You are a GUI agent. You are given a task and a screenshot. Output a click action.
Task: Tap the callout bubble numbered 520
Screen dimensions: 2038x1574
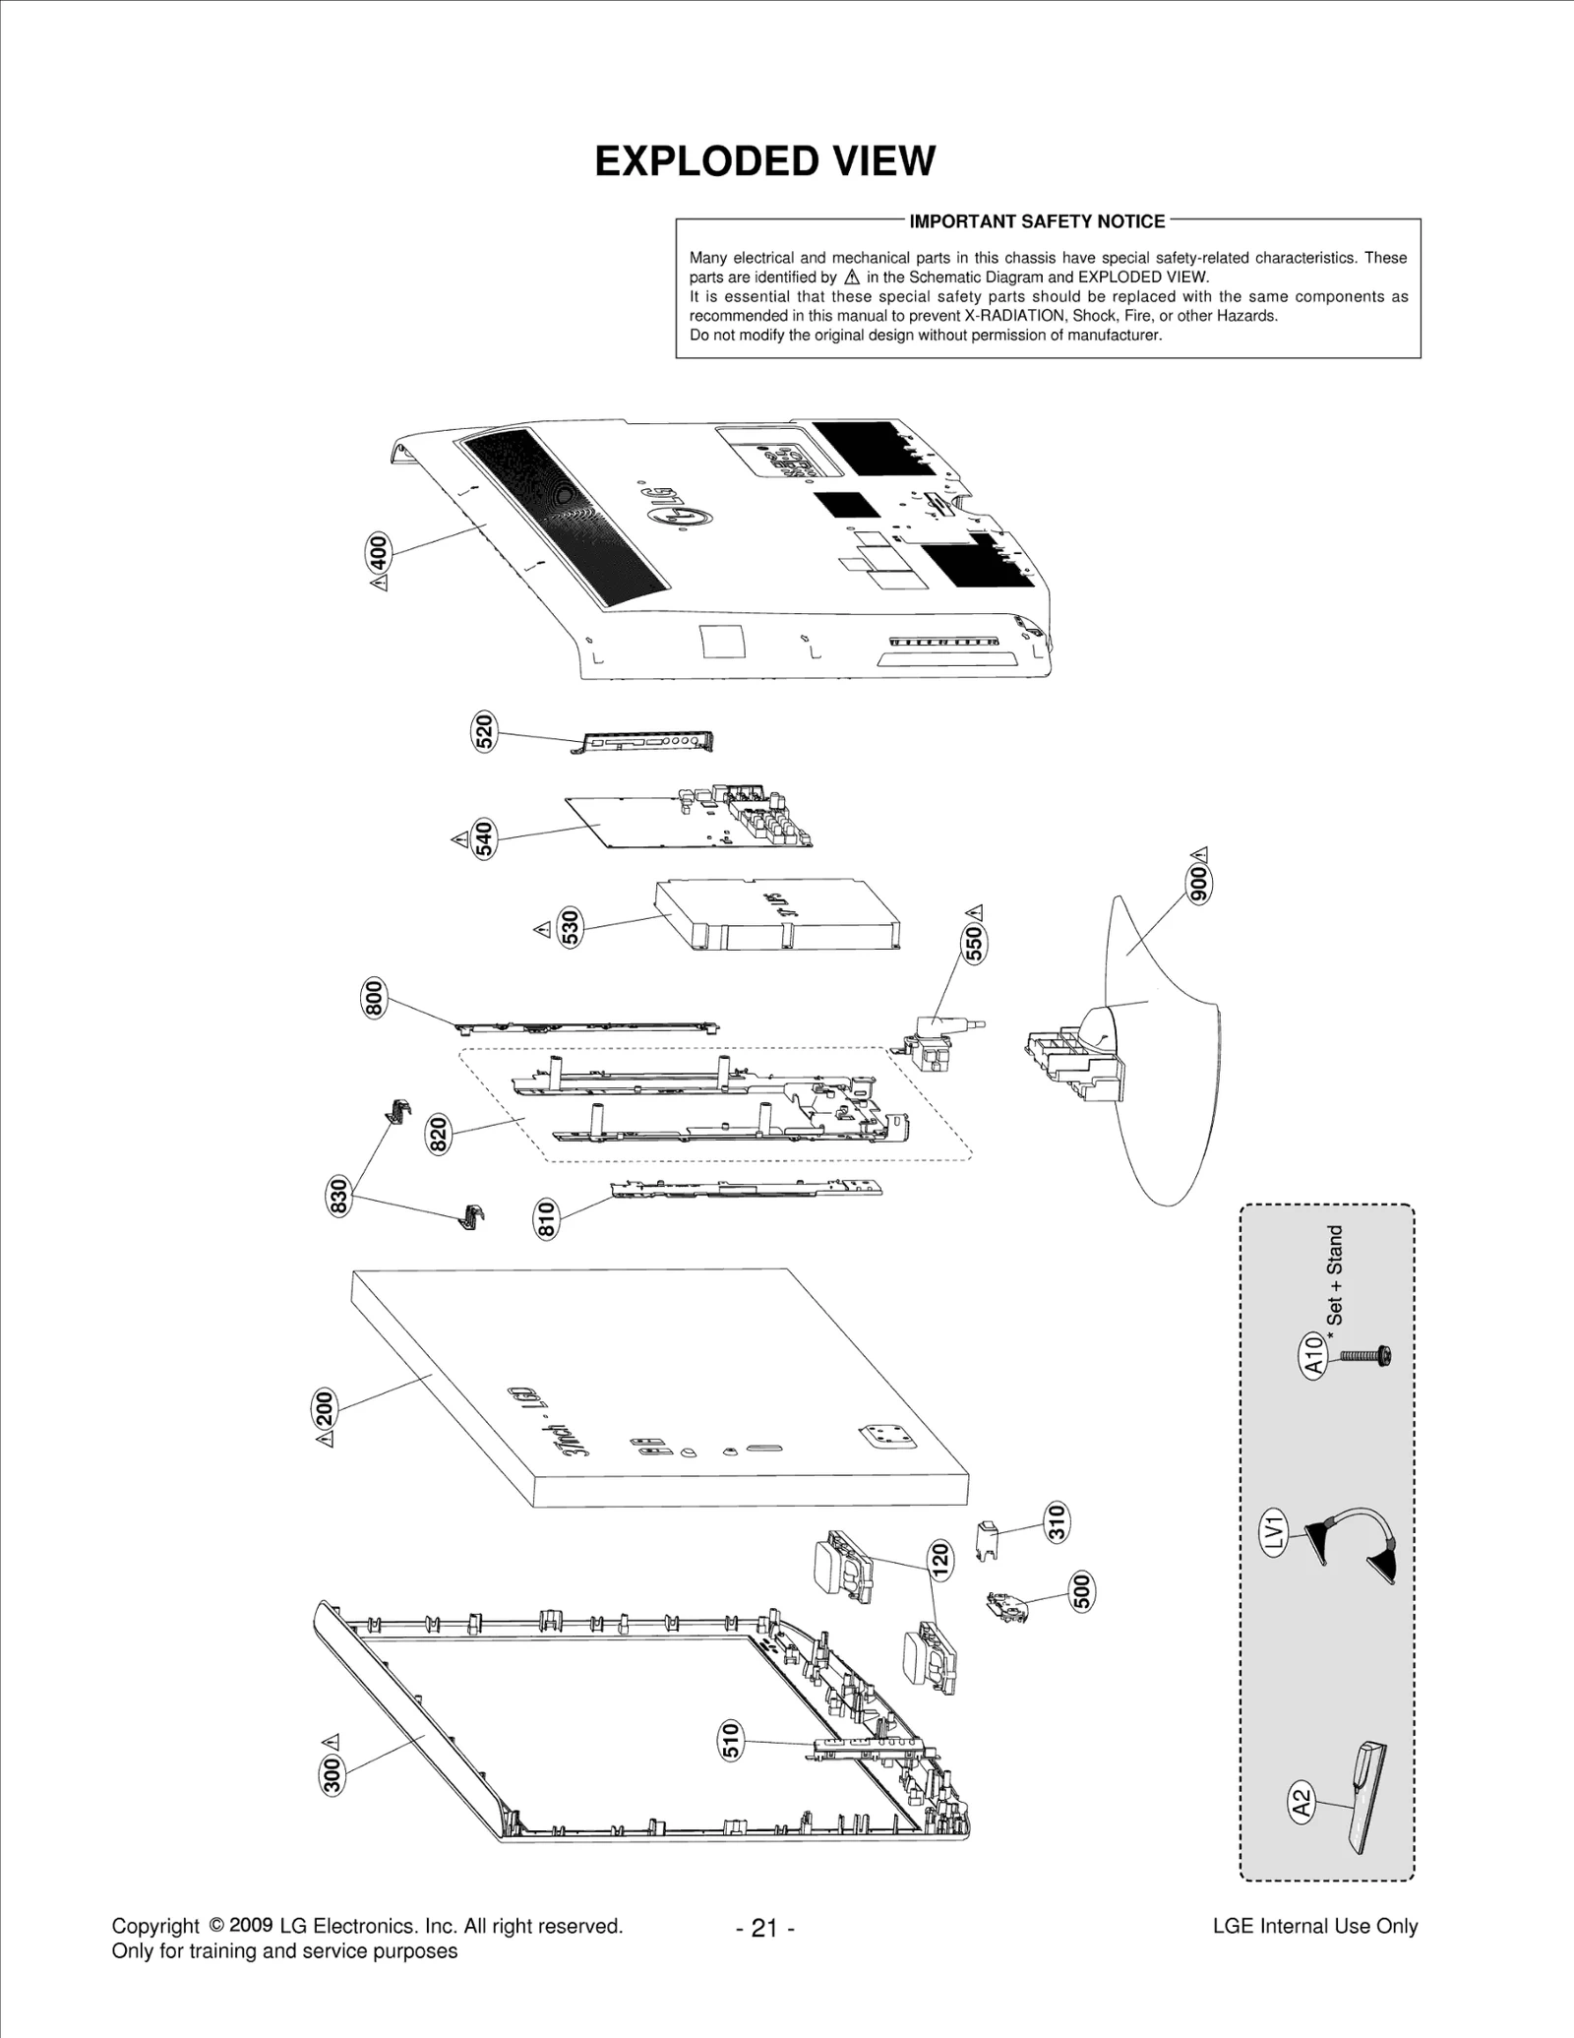(x=484, y=732)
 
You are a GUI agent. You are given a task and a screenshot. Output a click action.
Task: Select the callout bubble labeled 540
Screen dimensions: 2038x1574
(x=484, y=838)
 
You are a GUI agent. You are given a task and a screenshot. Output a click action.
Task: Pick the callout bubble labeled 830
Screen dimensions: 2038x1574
(x=338, y=1195)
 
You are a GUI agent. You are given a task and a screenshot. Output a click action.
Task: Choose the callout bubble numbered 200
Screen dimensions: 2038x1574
(x=324, y=1406)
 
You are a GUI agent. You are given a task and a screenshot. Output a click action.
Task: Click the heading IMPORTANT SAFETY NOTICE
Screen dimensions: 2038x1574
(x=1037, y=221)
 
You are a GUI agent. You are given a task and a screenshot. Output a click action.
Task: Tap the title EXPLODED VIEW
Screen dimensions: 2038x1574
(x=764, y=161)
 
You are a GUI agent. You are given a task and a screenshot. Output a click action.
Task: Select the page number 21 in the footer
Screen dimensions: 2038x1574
(x=764, y=1928)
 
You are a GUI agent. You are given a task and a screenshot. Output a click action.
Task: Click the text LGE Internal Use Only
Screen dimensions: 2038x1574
(x=1314, y=1926)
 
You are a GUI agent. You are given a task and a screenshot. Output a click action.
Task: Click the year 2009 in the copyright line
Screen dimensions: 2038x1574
(x=251, y=1925)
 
